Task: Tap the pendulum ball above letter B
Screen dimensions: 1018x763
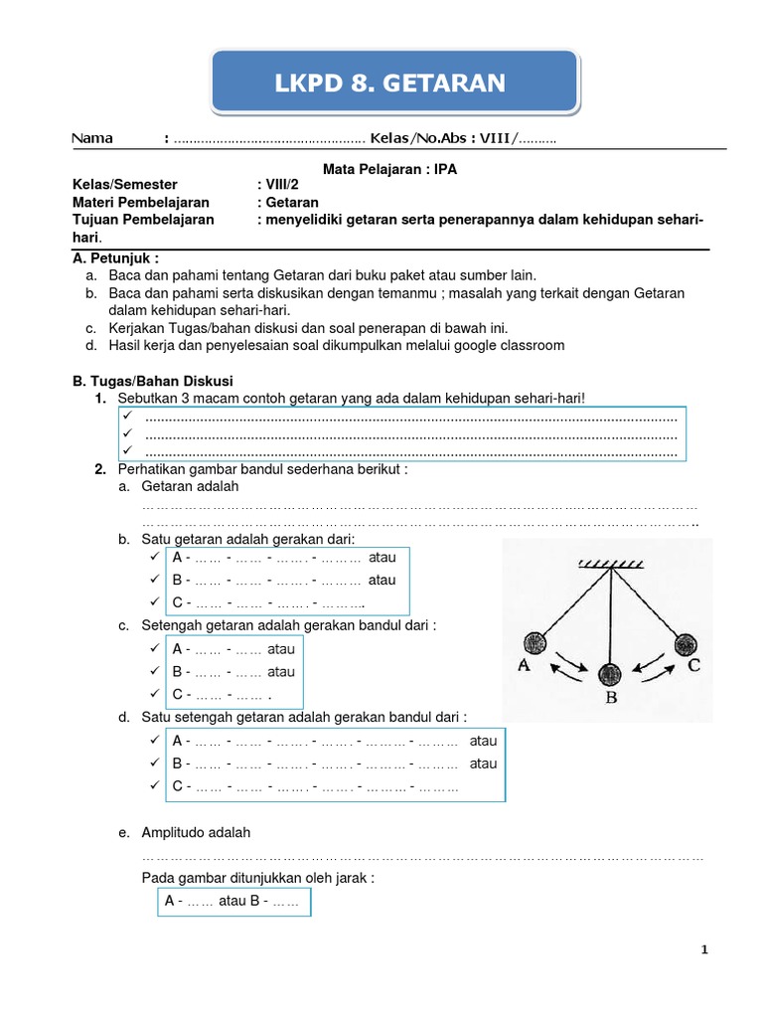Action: click(x=610, y=675)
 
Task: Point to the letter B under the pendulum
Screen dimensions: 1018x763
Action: click(x=611, y=699)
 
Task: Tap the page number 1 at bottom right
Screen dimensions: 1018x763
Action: click(x=704, y=950)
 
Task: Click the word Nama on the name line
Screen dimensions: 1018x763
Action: click(x=92, y=138)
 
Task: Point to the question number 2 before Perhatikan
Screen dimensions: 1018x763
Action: click(x=100, y=468)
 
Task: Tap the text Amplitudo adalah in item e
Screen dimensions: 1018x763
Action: click(x=197, y=832)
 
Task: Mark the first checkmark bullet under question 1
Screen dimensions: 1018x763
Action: click(x=128, y=417)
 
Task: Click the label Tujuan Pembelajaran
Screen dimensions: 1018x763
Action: click(x=142, y=220)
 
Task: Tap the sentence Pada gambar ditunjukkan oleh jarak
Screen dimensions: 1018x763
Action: click(x=258, y=878)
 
